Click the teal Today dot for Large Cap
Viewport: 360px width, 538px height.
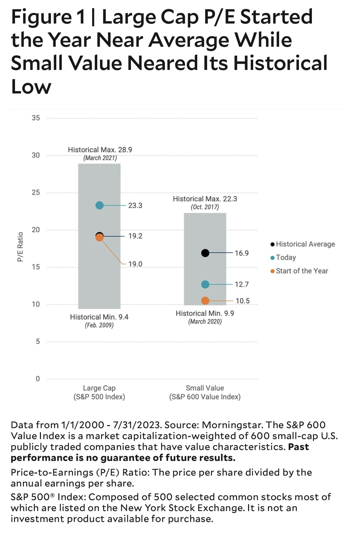click(99, 205)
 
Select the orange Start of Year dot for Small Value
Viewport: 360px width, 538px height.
click(205, 301)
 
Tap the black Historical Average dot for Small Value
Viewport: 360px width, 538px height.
click(205, 253)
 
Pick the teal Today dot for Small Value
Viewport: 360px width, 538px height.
click(205, 284)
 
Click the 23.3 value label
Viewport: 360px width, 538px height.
click(135, 205)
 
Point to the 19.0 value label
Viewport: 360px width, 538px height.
click(135, 264)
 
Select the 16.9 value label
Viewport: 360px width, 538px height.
click(242, 253)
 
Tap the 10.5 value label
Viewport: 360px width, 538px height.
click(242, 301)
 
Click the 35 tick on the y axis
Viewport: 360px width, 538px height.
click(36, 118)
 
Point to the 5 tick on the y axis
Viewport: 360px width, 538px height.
click(38, 341)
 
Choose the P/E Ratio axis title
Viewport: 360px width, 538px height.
click(20, 247)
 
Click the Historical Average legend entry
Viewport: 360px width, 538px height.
click(305, 244)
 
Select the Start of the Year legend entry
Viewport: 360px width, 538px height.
click(302, 271)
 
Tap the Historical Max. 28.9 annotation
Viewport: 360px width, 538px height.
click(100, 150)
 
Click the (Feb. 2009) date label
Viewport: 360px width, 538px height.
click(99, 325)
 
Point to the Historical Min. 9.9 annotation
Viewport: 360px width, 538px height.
click(205, 313)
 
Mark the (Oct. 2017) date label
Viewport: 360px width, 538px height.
click(205, 207)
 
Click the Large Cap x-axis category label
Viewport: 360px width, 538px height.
click(99, 388)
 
